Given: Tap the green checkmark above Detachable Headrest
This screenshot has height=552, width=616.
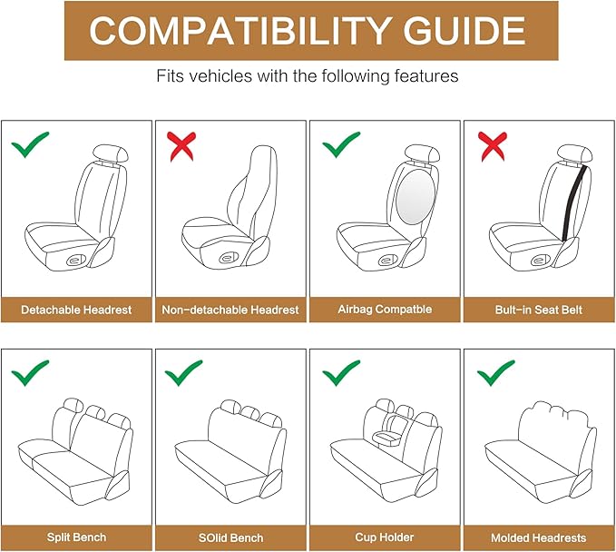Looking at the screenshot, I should (x=30, y=143).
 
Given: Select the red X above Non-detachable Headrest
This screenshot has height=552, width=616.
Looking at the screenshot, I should (x=182, y=143).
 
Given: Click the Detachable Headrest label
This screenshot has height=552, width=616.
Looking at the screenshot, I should (x=77, y=310).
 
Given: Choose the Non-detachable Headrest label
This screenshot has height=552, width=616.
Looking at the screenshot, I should (x=230, y=310).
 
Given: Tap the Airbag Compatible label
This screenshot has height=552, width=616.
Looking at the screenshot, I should (x=384, y=310).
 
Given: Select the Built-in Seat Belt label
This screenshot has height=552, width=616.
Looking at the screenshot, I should (x=538, y=310).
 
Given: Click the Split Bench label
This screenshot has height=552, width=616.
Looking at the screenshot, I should (x=77, y=537).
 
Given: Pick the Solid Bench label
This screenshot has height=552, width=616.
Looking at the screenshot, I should (x=230, y=537).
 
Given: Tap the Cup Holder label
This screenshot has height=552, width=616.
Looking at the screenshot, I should (x=384, y=537).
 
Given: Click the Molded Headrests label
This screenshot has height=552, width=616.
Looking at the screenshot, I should (x=538, y=537).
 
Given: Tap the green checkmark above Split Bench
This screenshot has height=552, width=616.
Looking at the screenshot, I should (x=30, y=371).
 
